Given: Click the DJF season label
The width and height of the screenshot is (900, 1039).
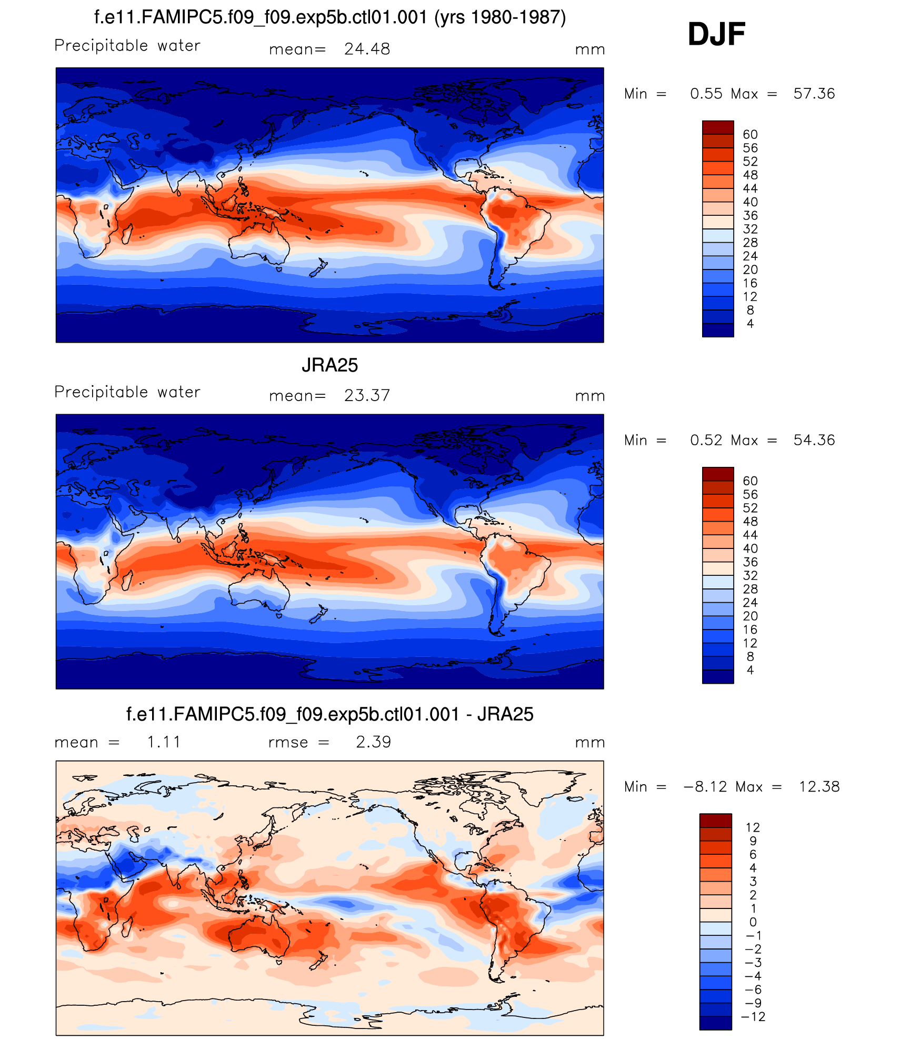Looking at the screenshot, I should pyautogui.click(x=716, y=34).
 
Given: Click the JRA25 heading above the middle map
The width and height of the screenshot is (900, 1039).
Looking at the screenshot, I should pyautogui.click(x=329, y=365).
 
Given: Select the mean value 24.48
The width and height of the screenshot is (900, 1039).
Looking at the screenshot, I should pyautogui.click(x=367, y=49).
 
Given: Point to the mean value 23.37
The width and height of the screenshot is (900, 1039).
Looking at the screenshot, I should pyautogui.click(x=367, y=396).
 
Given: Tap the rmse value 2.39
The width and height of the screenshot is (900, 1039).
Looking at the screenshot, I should pyautogui.click(x=373, y=742).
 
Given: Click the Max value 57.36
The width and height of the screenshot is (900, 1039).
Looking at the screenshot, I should pyautogui.click(x=814, y=94).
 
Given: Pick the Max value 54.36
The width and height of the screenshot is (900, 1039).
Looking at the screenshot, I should pyautogui.click(x=814, y=441).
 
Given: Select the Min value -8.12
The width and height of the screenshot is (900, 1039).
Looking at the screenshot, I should pyautogui.click(x=705, y=787).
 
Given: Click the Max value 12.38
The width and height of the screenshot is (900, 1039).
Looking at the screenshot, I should pyautogui.click(x=819, y=787).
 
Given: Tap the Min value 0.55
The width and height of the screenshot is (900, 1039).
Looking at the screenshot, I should pyautogui.click(x=706, y=94).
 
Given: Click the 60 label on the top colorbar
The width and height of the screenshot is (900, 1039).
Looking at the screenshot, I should pyautogui.click(x=750, y=135).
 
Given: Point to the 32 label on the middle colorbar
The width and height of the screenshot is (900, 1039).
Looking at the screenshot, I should pyautogui.click(x=750, y=576).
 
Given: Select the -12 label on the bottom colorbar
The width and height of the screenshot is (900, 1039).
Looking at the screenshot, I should pyautogui.click(x=753, y=1017).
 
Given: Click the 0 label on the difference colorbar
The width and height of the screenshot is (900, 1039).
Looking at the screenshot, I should pyautogui.click(x=753, y=922).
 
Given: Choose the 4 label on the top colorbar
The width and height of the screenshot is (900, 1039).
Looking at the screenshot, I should pyautogui.click(x=750, y=324).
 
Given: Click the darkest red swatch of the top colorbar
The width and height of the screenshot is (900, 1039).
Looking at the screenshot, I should pyautogui.click(x=718, y=127).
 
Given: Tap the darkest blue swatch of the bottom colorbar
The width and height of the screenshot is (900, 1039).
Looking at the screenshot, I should pyautogui.click(x=715, y=1023).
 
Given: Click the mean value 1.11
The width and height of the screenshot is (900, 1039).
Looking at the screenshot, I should pyautogui.click(x=164, y=742).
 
